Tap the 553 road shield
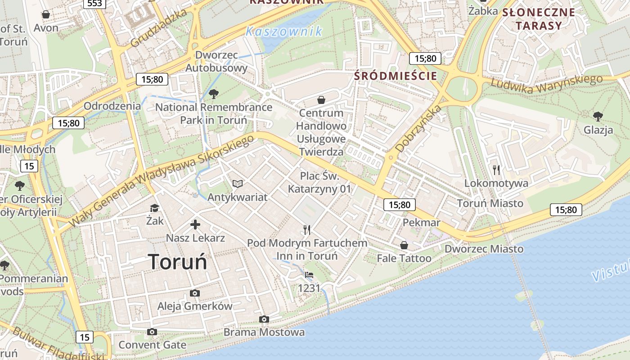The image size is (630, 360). click(94, 4)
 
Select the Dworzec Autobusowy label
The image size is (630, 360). click(216, 62)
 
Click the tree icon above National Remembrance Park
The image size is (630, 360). click(214, 94)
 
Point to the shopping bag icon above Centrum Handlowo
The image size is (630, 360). click(321, 99)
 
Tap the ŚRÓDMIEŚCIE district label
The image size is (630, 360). click(396, 76)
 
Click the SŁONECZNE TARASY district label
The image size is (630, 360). click(539, 19)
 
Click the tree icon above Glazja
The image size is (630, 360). click(598, 117)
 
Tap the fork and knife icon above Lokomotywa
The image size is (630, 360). click(496, 170)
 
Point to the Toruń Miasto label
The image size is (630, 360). click(490, 203)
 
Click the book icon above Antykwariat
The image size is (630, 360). click(238, 184)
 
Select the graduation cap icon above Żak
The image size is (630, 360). click(155, 208)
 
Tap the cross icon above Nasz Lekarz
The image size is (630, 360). click(195, 225)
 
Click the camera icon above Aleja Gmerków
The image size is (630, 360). click(195, 293)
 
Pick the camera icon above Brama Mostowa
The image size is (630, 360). click(264, 319)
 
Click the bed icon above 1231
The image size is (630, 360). click(309, 274)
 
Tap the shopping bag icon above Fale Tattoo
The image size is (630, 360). click(404, 245)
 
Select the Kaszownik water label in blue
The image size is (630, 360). click(284, 31)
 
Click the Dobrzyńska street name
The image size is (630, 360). click(418, 129)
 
